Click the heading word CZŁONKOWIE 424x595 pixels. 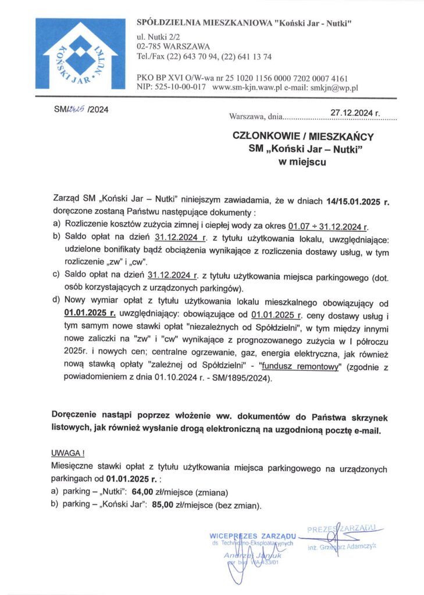click(267, 138)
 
